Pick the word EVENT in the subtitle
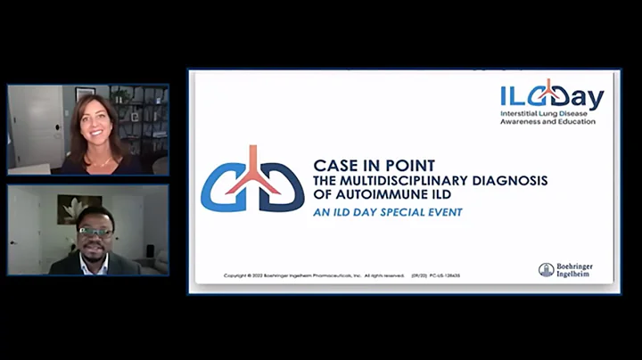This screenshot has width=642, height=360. [x=446, y=212]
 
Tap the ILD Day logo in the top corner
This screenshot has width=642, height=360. [x=553, y=98]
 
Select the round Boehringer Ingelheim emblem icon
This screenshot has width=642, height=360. [x=547, y=270]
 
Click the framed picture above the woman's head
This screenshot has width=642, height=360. [x=86, y=93]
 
